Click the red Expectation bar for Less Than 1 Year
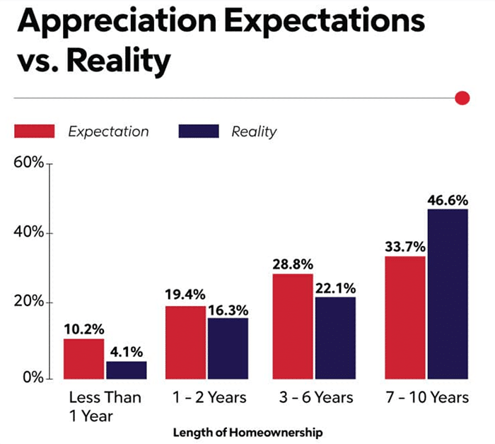point(84,358)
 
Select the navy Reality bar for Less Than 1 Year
point(127,370)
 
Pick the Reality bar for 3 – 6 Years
point(334,337)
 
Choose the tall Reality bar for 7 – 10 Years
point(447,293)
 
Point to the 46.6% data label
point(447,199)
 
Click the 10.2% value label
point(84,329)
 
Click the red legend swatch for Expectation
point(34,132)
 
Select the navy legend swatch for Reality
point(199,132)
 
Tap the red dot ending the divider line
point(462,98)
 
